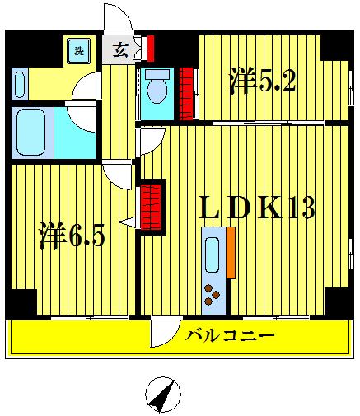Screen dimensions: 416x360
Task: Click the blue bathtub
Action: click(34, 131)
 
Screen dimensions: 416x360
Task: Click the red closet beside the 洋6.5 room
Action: click(152, 206)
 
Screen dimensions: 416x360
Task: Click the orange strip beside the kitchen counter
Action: click(231, 255)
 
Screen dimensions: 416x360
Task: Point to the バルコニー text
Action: click(229, 336)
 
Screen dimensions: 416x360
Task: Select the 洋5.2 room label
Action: click(261, 80)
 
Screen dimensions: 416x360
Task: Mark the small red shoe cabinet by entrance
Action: click(149, 48)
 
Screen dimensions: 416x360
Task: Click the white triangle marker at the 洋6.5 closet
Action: click(127, 222)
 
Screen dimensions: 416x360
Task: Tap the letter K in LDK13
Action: click(274, 208)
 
